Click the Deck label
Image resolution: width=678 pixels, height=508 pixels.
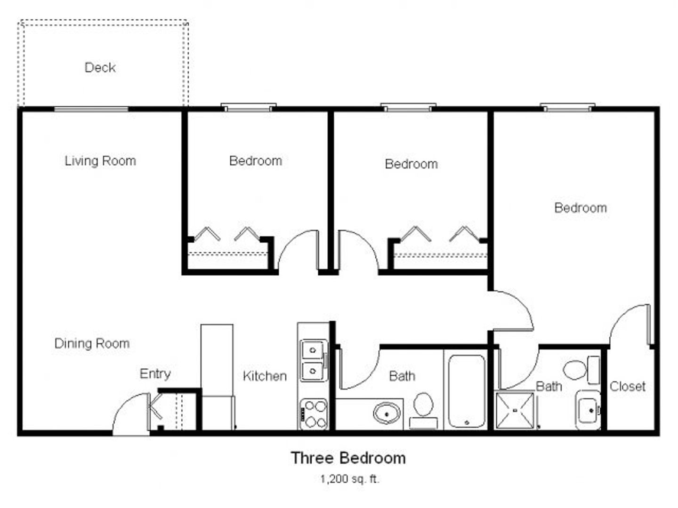[x=100, y=68]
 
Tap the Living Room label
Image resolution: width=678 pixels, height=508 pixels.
[x=100, y=161]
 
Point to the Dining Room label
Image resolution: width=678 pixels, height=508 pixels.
[x=92, y=343]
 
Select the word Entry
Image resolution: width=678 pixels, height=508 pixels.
[x=155, y=374]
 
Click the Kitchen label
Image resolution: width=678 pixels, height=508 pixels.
[x=265, y=376]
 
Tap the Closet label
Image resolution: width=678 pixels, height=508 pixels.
[x=628, y=386]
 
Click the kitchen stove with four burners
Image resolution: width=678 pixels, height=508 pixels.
[x=313, y=414]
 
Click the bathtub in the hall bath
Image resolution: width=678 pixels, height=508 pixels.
[x=467, y=391]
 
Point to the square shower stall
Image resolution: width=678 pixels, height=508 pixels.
[x=515, y=410]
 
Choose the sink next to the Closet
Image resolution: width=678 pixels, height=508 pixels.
[x=588, y=410]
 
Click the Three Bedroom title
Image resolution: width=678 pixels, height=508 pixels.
[x=348, y=458]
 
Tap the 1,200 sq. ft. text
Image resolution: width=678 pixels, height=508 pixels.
[x=349, y=479]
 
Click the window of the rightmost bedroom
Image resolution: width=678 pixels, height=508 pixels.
[x=567, y=108]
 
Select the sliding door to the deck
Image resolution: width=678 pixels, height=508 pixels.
[x=91, y=109]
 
